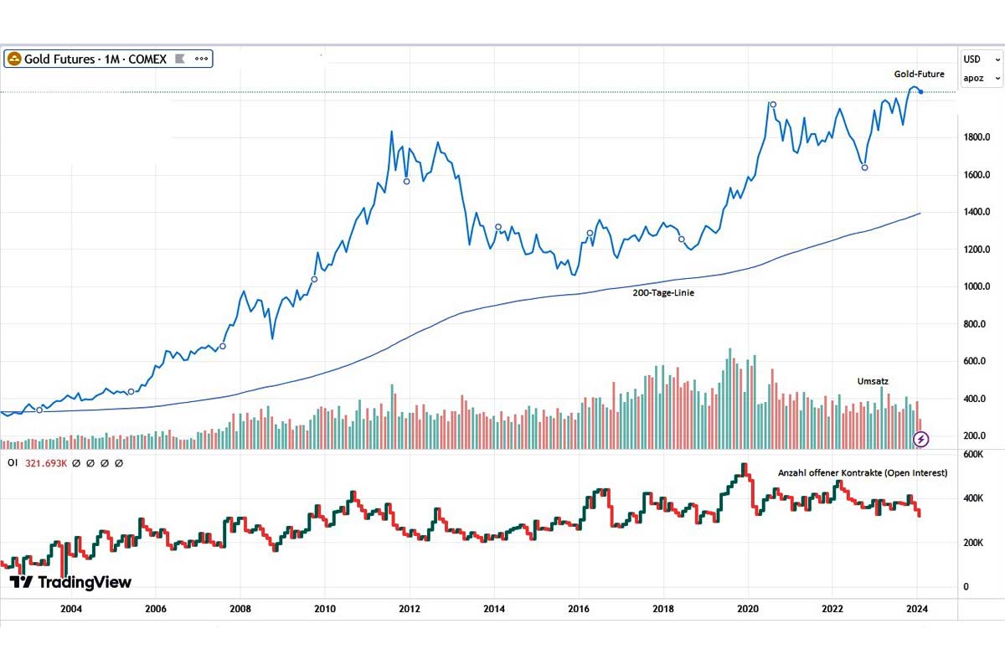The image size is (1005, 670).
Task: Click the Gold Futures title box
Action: pyautogui.click(x=108, y=59)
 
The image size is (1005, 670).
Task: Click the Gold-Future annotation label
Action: pyautogui.click(x=919, y=75)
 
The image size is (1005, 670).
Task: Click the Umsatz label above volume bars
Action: pyautogui.click(x=872, y=381)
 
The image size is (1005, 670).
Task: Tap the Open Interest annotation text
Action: pyautogui.click(x=863, y=473)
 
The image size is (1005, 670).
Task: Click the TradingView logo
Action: pyautogui.click(x=70, y=582)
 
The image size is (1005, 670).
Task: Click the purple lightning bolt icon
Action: pyautogui.click(x=921, y=438)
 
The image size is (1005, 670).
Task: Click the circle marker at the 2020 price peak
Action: pyautogui.click(x=773, y=105)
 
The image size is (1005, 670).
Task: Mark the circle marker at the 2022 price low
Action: pyautogui.click(x=865, y=167)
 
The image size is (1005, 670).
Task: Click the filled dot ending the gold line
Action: pyautogui.click(x=921, y=91)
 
